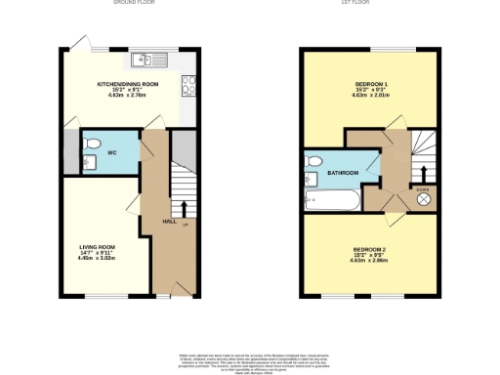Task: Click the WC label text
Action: (x=112, y=153)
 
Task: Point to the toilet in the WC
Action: (x=93, y=145)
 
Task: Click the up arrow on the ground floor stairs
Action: (x=184, y=209)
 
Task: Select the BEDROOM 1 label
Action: (x=369, y=85)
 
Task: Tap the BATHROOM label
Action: (x=343, y=173)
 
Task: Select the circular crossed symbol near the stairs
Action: (x=424, y=198)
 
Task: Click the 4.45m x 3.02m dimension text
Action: (x=98, y=259)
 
